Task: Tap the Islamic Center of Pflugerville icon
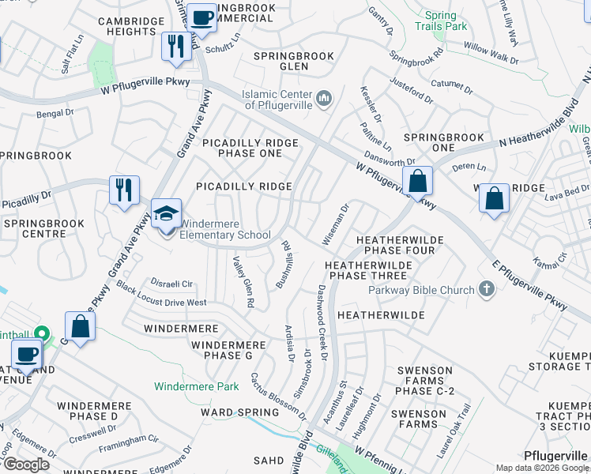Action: pyautogui.click(x=323, y=99)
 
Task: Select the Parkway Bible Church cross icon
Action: pyautogui.click(x=486, y=290)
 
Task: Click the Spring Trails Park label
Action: pyautogui.click(x=441, y=21)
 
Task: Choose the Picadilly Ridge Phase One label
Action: pyautogui.click(x=250, y=148)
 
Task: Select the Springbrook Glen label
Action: pyautogui.click(x=294, y=61)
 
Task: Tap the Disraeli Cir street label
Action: pyautogui.click(x=176, y=284)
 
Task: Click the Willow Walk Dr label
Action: pyautogui.click(x=491, y=54)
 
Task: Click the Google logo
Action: pyautogui.click(x=26, y=464)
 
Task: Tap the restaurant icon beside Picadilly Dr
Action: pyautogui.click(x=124, y=190)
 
